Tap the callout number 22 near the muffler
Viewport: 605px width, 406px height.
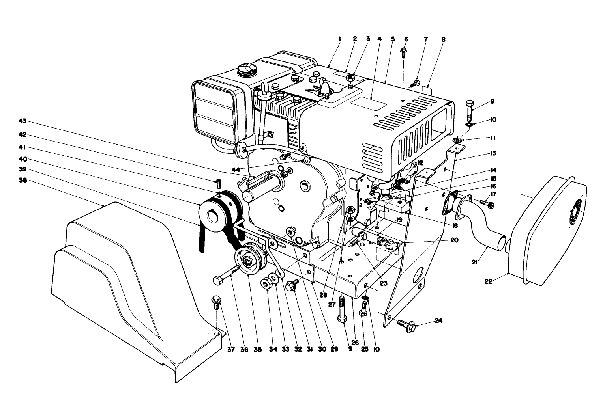[x=488, y=281]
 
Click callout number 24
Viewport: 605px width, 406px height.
[x=438, y=320]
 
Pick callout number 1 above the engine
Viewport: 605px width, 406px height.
[x=339, y=39]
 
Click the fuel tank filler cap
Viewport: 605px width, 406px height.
[x=245, y=71]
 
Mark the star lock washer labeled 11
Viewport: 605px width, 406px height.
[x=458, y=140]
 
